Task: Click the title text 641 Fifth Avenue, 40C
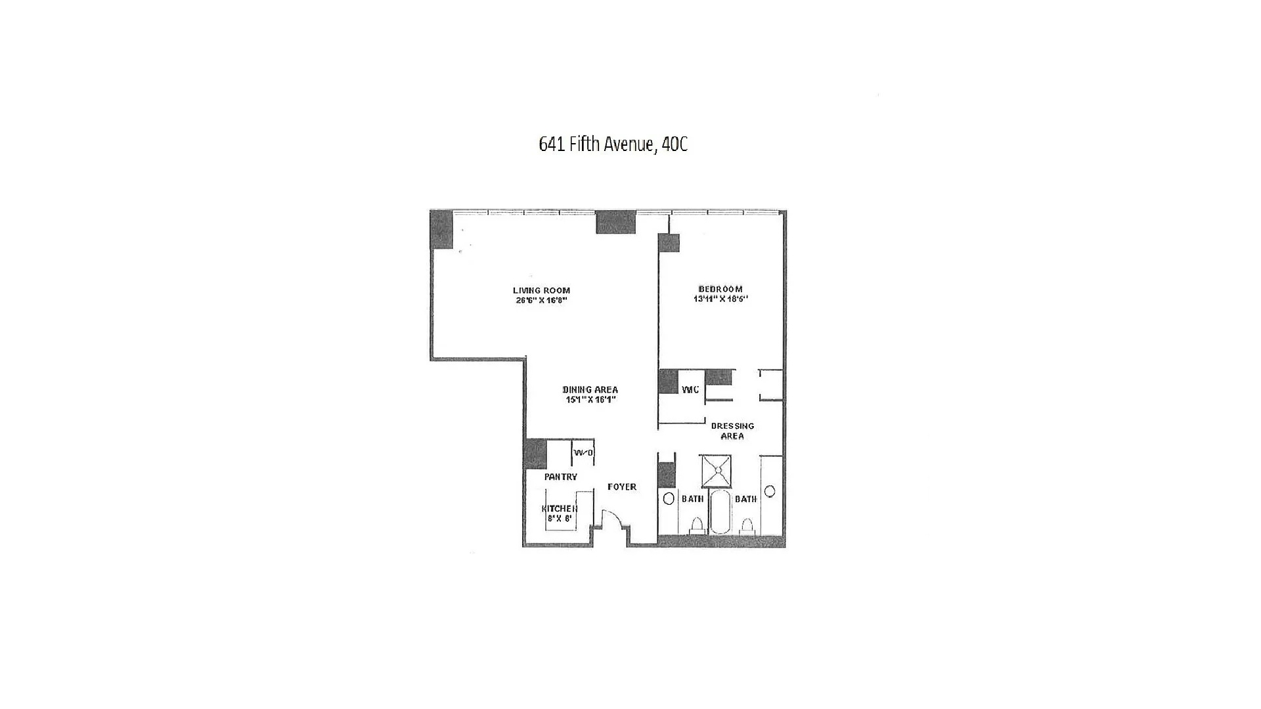coord(613,144)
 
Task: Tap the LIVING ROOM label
coord(541,290)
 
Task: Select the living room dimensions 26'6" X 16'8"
coord(541,301)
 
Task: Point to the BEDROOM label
coord(720,289)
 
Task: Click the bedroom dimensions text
coord(720,299)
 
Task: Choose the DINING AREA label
coord(590,389)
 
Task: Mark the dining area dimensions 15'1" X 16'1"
coord(590,399)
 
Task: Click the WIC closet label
coord(690,390)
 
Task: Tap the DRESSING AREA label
coord(732,431)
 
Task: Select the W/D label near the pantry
coord(583,452)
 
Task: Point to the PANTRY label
coord(560,477)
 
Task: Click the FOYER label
coord(621,486)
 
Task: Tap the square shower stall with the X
coord(716,471)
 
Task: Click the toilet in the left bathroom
coord(696,526)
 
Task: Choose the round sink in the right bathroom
coord(770,491)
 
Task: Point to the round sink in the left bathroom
coord(669,498)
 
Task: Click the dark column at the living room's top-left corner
coord(441,229)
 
